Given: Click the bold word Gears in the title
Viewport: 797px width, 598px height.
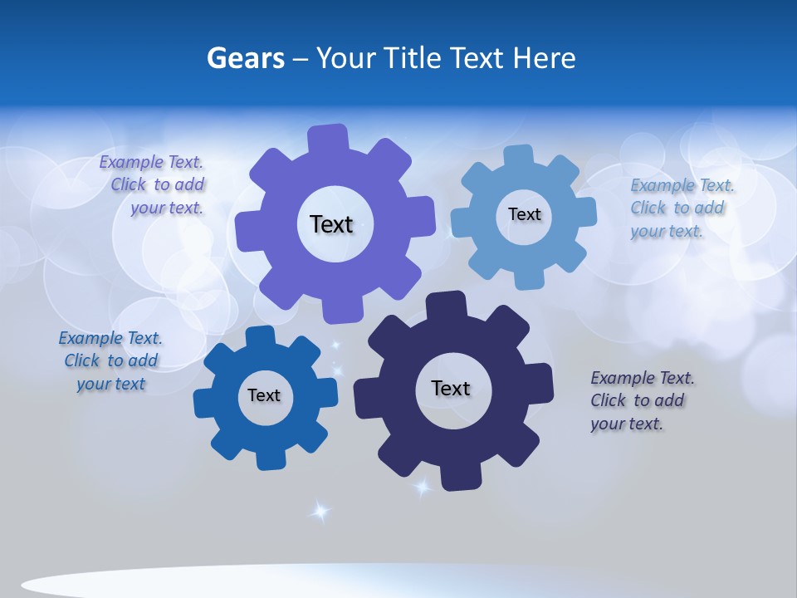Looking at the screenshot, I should (x=245, y=58).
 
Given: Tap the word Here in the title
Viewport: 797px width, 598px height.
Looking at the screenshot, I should (x=544, y=58).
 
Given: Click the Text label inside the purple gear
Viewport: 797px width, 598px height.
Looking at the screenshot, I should (x=331, y=224).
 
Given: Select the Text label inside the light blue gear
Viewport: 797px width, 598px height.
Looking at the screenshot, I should (x=524, y=214).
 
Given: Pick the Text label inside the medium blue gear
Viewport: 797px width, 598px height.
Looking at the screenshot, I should (x=264, y=395).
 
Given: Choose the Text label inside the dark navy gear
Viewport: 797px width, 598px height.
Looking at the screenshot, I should (x=451, y=388).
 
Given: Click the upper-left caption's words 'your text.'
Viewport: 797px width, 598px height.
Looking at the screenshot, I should (x=166, y=208).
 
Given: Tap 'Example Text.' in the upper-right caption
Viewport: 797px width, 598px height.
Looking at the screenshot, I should (x=682, y=185).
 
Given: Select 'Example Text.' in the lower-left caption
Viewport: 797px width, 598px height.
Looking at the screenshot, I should (x=110, y=338).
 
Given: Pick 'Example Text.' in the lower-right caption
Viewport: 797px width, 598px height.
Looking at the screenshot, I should (x=643, y=378).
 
